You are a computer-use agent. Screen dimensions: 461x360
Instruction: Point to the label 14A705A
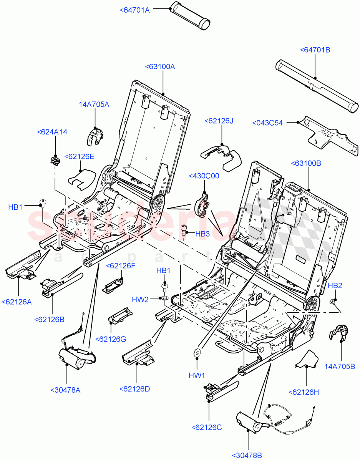tap(94, 104)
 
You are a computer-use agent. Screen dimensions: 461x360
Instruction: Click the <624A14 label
tap(52, 132)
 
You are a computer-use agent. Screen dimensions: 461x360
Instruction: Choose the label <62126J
tap(219, 121)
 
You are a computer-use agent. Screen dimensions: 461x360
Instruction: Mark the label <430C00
tap(204, 176)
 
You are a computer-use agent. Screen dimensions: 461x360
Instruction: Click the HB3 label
tap(202, 234)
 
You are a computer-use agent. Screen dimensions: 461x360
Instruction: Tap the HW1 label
tap(197, 375)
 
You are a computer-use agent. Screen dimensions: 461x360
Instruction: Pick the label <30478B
tap(247, 456)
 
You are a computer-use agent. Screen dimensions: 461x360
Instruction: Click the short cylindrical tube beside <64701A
tap(191, 15)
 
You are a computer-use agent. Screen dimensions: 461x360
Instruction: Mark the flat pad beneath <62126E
tap(81, 177)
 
